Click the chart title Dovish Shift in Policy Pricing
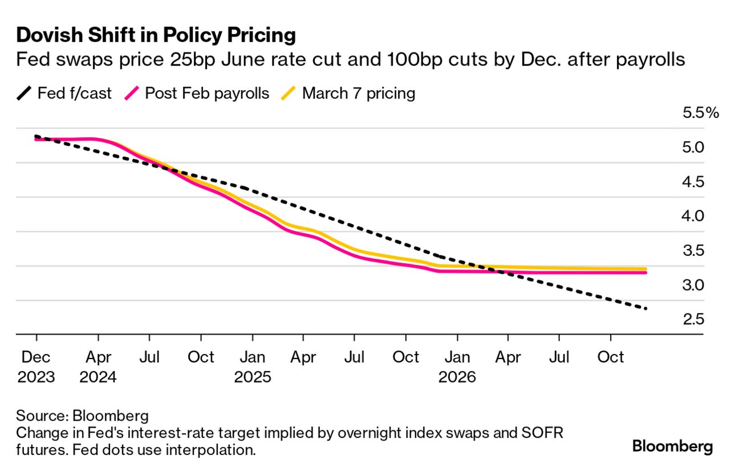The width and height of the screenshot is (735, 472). tap(156, 35)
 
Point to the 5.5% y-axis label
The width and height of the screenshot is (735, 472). tap(701, 113)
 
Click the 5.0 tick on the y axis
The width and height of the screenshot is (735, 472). tap(693, 148)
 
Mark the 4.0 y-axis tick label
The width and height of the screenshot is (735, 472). tap(693, 216)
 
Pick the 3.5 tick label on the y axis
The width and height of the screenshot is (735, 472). tap(693, 251)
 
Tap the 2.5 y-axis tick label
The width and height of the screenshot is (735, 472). tap(693, 319)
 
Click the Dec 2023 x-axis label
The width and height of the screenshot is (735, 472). tap(36, 367)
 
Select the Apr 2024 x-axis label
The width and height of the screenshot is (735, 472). tap(98, 367)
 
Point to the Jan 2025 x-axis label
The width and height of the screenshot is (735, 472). tap(252, 367)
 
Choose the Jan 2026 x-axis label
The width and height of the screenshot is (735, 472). tap(457, 367)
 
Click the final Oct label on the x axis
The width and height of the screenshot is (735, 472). tap(610, 357)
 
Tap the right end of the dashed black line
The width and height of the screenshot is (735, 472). tap(646, 308)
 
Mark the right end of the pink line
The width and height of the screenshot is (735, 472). tap(645, 272)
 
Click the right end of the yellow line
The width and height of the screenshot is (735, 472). tap(645, 268)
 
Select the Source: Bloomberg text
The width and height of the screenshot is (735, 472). tap(82, 414)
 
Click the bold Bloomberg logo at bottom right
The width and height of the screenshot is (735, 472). tap(672, 446)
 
